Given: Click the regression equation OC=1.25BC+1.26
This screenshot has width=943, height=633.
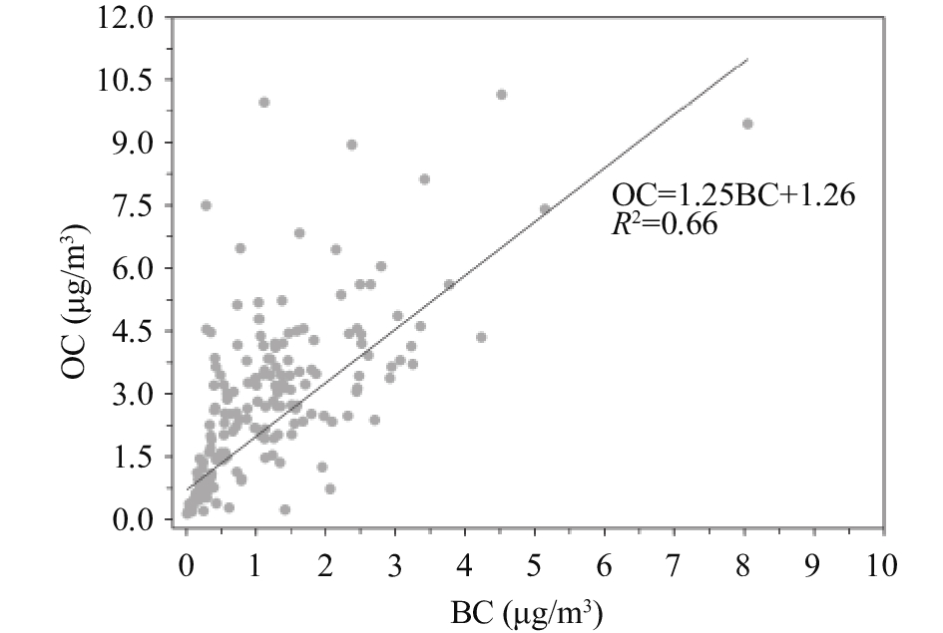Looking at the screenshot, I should [x=733, y=195].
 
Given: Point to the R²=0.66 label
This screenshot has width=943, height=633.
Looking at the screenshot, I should [x=664, y=224].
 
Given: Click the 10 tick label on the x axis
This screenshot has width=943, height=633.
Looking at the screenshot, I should [x=881, y=565].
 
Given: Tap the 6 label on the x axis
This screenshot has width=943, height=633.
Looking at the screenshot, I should [x=605, y=565].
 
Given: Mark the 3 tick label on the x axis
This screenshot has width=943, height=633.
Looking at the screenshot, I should [x=395, y=565].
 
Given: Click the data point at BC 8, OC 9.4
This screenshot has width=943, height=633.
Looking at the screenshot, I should [x=746, y=124].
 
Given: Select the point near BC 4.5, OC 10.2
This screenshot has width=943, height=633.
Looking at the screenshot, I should [x=501, y=95].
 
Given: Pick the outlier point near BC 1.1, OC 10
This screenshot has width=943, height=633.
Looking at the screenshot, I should [x=263, y=102].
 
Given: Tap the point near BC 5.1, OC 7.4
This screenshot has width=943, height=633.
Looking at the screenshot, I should [x=545, y=209].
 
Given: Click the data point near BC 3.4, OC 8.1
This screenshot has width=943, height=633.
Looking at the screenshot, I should [x=424, y=179].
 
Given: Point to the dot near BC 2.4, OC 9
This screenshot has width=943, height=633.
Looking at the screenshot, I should [x=351, y=145].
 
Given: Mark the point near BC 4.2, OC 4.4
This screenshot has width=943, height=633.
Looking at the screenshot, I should [x=481, y=337].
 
